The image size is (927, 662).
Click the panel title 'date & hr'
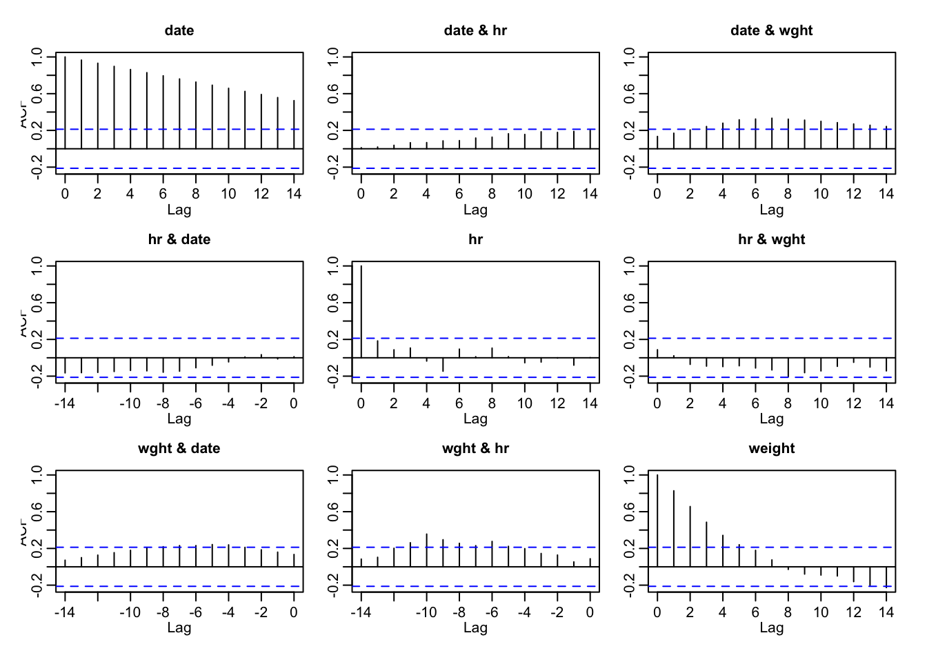click(475, 30)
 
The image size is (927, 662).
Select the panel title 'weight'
click(771, 448)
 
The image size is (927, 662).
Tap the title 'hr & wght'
click(771, 239)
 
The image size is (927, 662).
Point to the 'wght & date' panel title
click(179, 448)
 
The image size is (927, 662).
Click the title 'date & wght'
click(771, 30)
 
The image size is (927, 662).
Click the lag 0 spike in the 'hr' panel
click(361, 310)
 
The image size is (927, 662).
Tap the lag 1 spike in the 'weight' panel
click(673, 528)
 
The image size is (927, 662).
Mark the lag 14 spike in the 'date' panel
click(294, 124)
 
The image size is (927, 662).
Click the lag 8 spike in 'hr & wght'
click(788, 367)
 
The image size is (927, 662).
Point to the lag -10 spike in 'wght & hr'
click(426, 550)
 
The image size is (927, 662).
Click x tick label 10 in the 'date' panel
click(228, 194)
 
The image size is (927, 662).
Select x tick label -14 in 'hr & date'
click(65, 403)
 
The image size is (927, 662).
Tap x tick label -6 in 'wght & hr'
click(492, 612)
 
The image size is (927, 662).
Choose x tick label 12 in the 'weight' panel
click(853, 612)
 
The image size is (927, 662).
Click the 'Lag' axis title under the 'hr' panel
click(475, 419)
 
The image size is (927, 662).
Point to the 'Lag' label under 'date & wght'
click(771, 210)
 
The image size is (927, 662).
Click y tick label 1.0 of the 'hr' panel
click(333, 265)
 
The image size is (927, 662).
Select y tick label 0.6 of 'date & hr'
click(333, 93)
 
